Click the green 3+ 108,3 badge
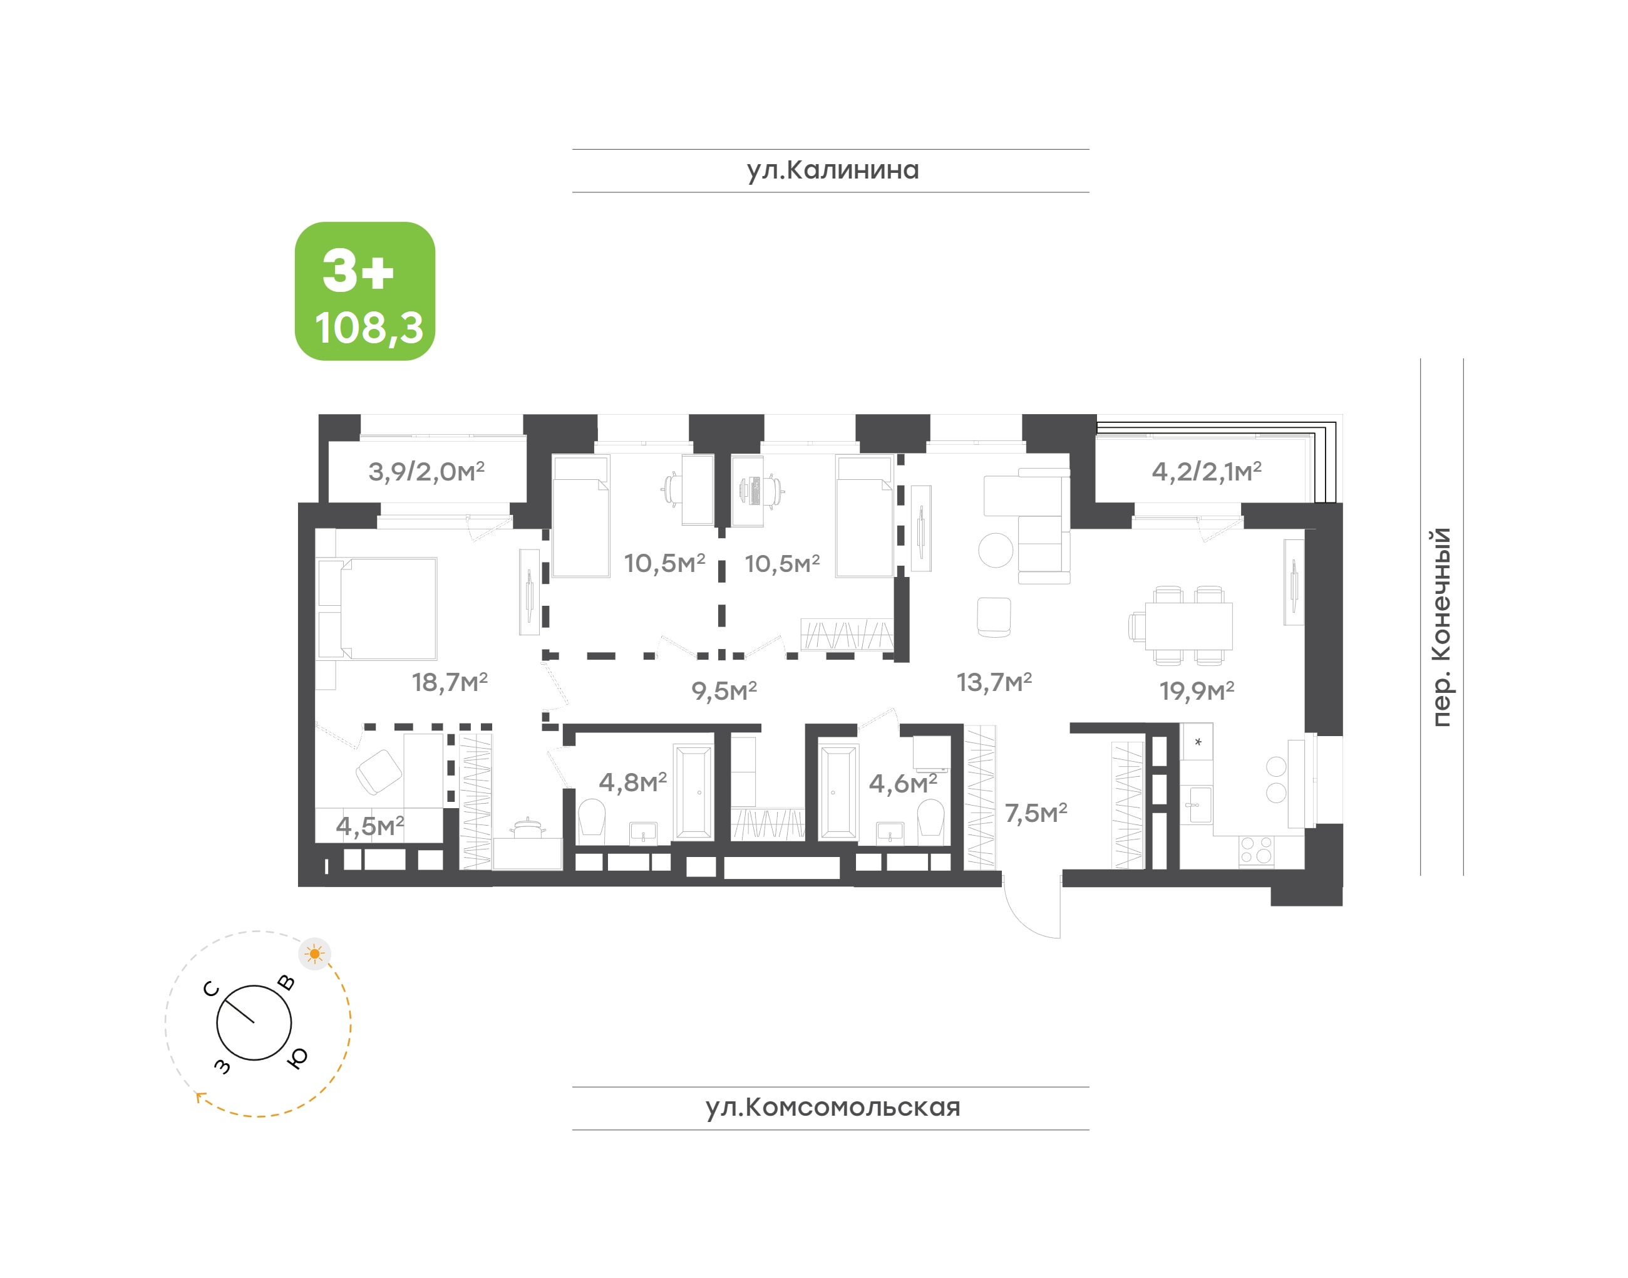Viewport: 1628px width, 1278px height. [365, 291]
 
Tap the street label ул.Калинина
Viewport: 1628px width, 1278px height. [832, 170]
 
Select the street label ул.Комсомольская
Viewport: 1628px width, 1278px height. [832, 1108]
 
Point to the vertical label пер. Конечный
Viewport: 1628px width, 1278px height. [1441, 626]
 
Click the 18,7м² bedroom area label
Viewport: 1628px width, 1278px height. [450, 682]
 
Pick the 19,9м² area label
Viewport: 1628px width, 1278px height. [1197, 690]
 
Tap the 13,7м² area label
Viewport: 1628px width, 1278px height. [994, 682]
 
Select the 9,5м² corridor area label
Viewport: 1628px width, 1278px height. [724, 690]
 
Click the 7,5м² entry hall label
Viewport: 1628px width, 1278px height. [1036, 813]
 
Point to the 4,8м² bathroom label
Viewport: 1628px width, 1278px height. [632, 782]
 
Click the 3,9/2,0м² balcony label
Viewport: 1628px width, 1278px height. [426, 471]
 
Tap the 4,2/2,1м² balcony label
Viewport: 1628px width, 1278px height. [1206, 471]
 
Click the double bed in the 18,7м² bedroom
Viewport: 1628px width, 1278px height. [378, 608]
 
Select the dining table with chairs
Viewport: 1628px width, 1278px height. [1181, 626]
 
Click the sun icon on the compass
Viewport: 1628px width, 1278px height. [315, 954]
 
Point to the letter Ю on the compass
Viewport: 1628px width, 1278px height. [297, 1057]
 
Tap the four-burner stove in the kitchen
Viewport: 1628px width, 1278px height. [1255, 851]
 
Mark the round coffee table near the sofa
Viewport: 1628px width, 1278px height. [996, 550]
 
